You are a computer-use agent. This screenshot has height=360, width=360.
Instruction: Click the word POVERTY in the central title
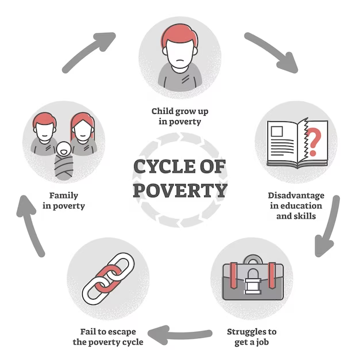(x=180, y=190)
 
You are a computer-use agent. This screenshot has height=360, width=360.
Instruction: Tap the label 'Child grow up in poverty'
(x=179, y=116)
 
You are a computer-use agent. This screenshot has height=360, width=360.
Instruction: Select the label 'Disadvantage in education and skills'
(x=296, y=206)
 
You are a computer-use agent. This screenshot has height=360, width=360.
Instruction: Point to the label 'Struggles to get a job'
(x=252, y=337)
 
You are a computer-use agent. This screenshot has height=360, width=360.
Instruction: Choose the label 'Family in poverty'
(x=64, y=201)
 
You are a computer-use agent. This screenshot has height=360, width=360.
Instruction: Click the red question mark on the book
(x=313, y=142)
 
